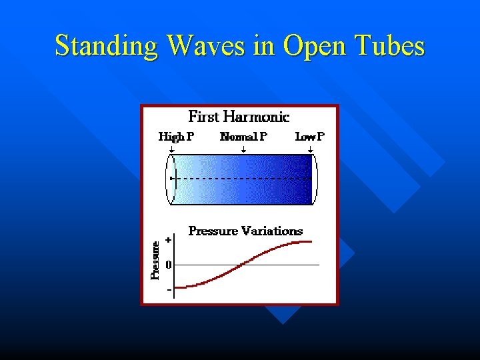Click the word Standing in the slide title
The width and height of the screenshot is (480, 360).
[107, 47]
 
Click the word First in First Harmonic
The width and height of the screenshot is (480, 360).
[204, 117]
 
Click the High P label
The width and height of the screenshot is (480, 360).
[176, 137]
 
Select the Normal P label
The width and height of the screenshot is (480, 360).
[243, 137]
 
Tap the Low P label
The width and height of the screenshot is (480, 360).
[309, 137]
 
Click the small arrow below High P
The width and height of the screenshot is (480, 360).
[171, 151]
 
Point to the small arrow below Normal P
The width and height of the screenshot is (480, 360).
[243, 151]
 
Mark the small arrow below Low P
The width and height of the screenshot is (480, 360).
[311, 151]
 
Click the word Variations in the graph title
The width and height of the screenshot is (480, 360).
[272, 231]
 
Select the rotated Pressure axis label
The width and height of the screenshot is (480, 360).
[155, 260]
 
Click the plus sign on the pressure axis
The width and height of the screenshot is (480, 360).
[169, 239]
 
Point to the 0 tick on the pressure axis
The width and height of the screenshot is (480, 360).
[169, 265]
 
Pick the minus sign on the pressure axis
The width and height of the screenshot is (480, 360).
[169, 289]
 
